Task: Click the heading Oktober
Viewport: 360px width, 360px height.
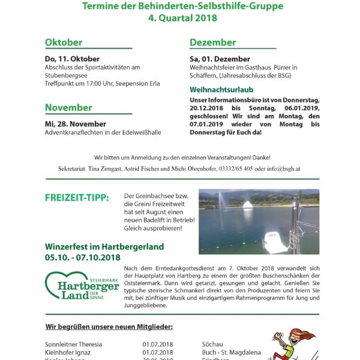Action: pos(63,43)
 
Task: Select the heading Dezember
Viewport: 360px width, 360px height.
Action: pos(213,43)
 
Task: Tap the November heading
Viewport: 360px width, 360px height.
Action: pos(68,108)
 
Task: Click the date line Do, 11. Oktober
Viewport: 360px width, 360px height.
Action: pos(72,59)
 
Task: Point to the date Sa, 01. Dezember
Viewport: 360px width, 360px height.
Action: pos(220,59)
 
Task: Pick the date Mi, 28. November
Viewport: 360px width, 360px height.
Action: pos(75,123)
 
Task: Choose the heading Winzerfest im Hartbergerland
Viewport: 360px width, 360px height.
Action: pos(104,247)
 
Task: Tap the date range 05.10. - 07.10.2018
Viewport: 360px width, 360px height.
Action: pos(83,257)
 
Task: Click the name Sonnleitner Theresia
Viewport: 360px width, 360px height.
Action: pos(73,344)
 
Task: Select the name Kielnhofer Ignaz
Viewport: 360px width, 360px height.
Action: pos(68,353)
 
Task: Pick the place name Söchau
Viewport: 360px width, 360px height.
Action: pos(213,344)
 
